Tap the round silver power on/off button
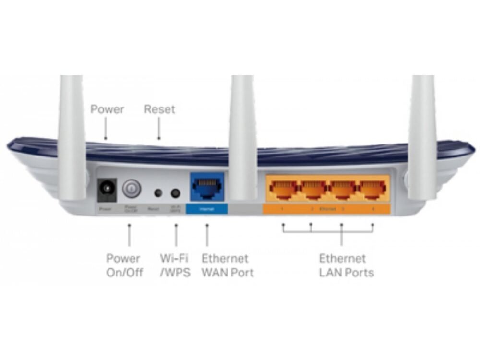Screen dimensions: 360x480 131,189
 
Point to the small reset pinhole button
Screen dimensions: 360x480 157,193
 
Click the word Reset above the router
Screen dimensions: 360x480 159,109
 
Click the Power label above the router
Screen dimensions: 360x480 107,109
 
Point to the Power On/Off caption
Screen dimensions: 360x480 124,265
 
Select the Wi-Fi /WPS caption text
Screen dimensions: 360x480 175,265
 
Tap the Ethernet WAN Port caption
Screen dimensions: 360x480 227,265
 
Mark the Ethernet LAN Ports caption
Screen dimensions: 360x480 346,265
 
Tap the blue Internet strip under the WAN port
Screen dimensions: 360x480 206,209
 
